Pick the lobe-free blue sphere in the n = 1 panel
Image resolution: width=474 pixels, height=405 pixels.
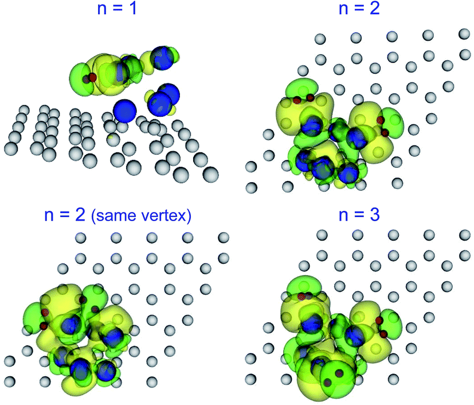(124, 110)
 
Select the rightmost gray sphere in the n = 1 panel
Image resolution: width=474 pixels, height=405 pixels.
(210, 174)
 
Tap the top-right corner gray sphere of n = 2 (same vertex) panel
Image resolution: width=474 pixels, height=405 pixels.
(223, 238)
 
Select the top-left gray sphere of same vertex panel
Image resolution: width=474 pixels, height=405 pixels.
(80, 238)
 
